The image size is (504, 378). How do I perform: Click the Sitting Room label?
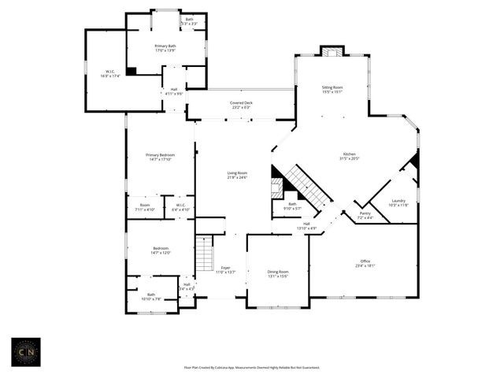coord(332,89)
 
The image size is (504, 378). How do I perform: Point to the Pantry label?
coord(365,214)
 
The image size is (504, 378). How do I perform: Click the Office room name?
coord(365,263)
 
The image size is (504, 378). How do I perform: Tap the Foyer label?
coord(226,269)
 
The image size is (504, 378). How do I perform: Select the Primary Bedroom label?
coord(160,157)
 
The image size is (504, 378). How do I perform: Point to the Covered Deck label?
coord(241,105)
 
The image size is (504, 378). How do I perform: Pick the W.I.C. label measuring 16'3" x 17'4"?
coord(109,74)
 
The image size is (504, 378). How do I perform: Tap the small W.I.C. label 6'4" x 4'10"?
coord(181,208)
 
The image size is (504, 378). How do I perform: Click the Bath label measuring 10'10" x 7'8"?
coord(151,297)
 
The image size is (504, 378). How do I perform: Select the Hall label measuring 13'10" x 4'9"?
coord(306,226)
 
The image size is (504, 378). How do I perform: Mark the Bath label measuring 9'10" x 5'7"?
coord(292,206)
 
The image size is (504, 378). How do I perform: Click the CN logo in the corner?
coord(28,352)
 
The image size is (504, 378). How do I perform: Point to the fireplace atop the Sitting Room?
coord(332,52)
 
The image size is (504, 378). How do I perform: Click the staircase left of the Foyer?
coord(204,254)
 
